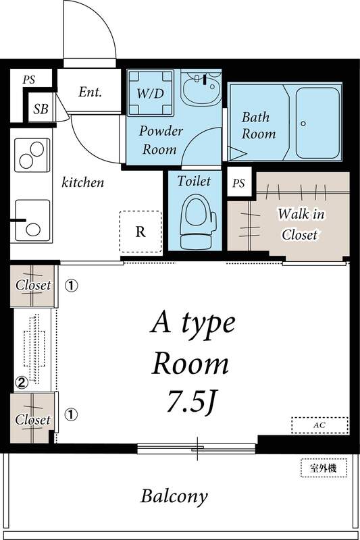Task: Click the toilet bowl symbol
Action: pyautogui.click(x=198, y=221)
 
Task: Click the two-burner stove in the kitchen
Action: pyautogui.click(x=32, y=155)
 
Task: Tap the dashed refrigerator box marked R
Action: pyautogui.click(x=140, y=232)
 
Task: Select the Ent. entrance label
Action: pyautogui.click(x=90, y=92)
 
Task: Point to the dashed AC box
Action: pyautogui.click(x=319, y=425)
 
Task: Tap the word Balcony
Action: pyautogui.click(x=174, y=497)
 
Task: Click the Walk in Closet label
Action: pyautogui.click(x=300, y=225)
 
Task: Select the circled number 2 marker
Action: pyautogui.click(x=22, y=383)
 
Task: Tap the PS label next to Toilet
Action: pyautogui.click(x=238, y=183)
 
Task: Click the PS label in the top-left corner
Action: pyautogui.click(x=28, y=80)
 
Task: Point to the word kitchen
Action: pyautogui.click(x=83, y=182)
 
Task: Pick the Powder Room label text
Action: pyautogui.click(x=161, y=140)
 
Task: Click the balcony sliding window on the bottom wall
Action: pyautogui.click(x=197, y=447)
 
